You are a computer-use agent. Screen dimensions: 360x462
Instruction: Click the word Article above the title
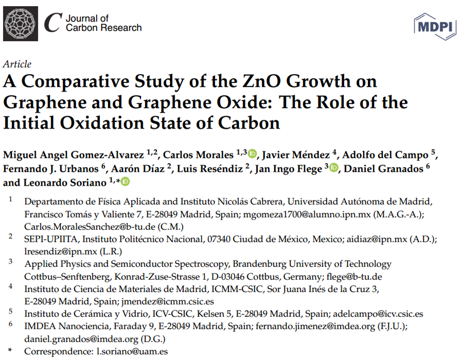pos(17,64)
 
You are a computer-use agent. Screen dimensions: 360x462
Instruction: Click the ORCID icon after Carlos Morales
pos(253,154)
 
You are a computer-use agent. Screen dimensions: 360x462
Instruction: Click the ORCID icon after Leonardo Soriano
pos(125,182)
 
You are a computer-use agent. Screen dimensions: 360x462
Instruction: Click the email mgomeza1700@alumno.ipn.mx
pos(302,213)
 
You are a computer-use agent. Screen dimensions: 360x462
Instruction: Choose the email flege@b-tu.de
pos(346,276)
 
